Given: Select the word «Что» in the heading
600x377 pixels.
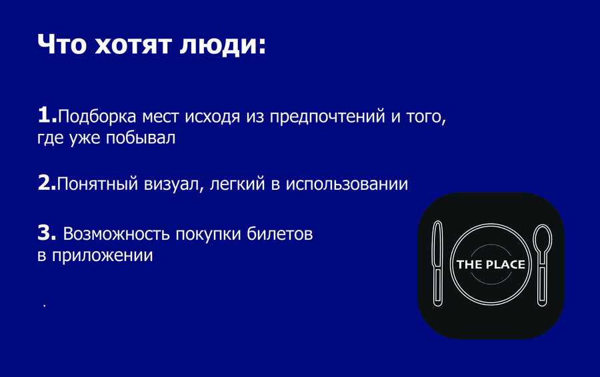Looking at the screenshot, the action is tap(62, 45).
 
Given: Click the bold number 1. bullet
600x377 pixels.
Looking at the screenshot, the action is tap(47, 115).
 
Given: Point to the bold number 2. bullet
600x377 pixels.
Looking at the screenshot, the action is tap(47, 183).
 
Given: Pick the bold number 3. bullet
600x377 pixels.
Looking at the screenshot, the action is tap(47, 232).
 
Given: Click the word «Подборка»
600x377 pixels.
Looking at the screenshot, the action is tap(97, 116).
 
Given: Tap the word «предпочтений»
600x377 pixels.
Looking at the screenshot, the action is tap(327, 117).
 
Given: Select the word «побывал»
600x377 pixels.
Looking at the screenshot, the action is tap(141, 138).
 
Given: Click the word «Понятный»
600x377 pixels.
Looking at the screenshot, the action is tap(97, 184).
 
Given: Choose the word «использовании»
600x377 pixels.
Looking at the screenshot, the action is tap(347, 185).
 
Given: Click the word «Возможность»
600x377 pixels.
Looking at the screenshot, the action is tap(116, 234).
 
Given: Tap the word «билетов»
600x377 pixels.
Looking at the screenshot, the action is tap(280, 234).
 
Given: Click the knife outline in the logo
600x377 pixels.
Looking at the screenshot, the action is tap(437, 264).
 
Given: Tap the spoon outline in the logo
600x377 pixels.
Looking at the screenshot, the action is tap(542, 264).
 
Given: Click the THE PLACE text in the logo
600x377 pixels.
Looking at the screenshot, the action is tap(491, 264).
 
